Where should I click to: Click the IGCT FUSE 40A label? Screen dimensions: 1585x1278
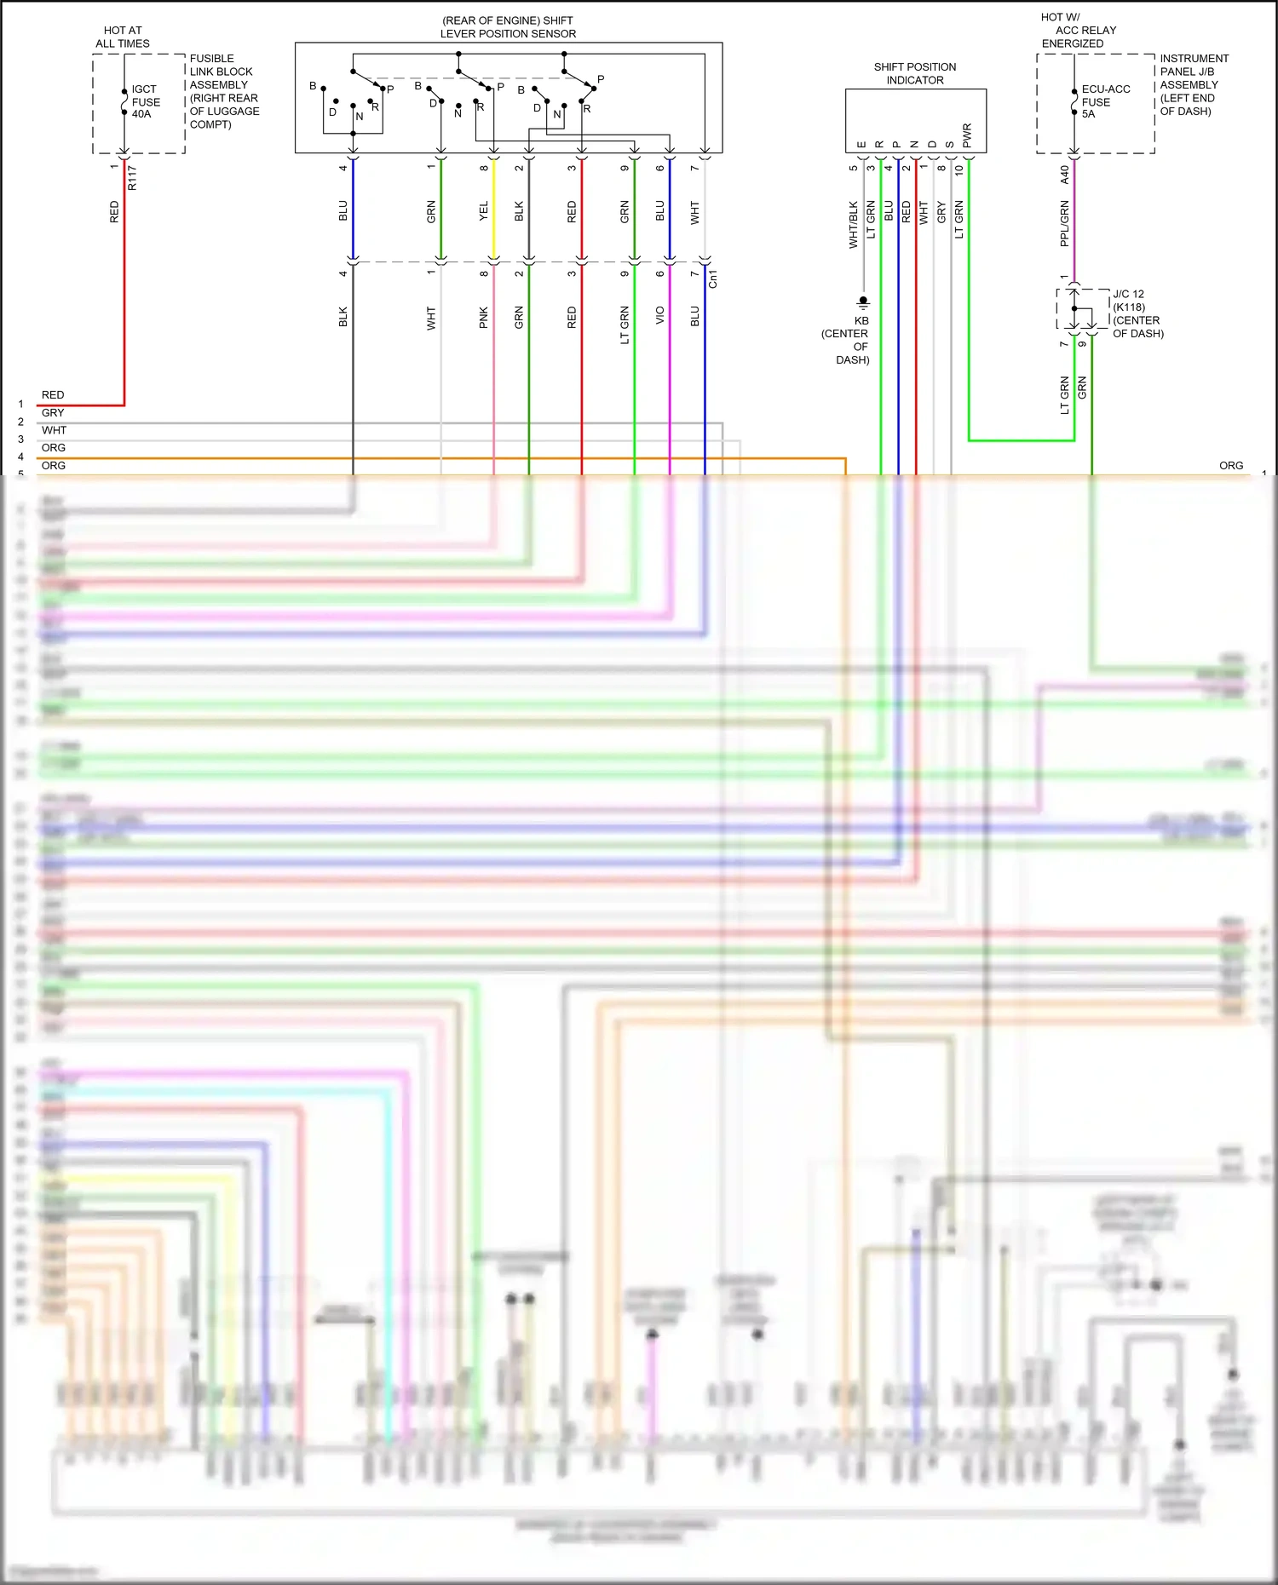click(x=145, y=101)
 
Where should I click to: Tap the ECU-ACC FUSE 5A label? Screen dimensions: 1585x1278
click(x=1105, y=101)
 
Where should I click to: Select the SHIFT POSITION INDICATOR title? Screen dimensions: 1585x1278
click(x=914, y=73)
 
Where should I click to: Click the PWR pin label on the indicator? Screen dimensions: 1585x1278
click(x=967, y=135)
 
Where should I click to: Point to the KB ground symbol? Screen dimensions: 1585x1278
click(x=863, y=301)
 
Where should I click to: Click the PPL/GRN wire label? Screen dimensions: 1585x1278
click(x=1064, y=224)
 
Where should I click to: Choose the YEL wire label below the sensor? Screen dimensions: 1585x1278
click(x=484, y=211)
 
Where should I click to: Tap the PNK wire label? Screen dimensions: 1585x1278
click(x=484, y=317)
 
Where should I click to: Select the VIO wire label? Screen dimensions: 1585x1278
click(x=659, y=316)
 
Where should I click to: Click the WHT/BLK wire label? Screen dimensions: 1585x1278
click(x=853, y=225)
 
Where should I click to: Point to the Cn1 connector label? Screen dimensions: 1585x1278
click(x=713, y=279)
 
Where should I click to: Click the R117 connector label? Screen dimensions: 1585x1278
click(x=132, y=177)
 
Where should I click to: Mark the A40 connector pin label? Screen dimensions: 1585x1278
click(x=1064, y=175)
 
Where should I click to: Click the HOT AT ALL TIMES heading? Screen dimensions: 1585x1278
click(x=123, y=37)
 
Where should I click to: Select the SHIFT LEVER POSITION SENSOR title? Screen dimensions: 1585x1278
click(x=508, y=27)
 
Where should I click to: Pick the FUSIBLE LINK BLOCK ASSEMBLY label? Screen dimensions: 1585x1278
click(x=224, y=91)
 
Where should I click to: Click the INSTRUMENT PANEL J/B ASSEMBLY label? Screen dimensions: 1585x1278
click(x=1193, y=84)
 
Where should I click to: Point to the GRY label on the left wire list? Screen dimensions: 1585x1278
click(x=53, y=412)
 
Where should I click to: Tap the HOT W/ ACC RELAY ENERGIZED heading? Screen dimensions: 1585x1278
click(x=1078, y=30)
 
